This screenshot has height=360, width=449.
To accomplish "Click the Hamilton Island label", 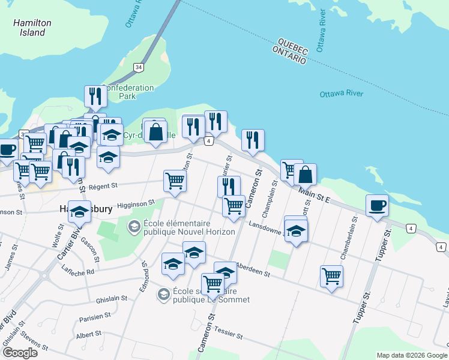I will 32,28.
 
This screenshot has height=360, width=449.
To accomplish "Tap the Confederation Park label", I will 128,92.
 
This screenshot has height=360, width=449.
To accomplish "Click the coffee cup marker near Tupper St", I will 378,206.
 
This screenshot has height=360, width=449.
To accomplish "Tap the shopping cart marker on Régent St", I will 175,180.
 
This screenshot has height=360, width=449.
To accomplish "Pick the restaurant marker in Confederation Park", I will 95,96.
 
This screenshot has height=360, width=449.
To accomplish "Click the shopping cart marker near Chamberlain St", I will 331,276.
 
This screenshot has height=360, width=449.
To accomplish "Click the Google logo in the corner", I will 20,353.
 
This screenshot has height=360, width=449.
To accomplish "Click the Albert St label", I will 89,334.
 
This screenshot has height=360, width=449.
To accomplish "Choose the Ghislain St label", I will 112,298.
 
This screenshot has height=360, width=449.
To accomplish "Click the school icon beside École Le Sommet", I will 163,294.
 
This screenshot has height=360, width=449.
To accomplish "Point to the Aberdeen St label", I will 256,269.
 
